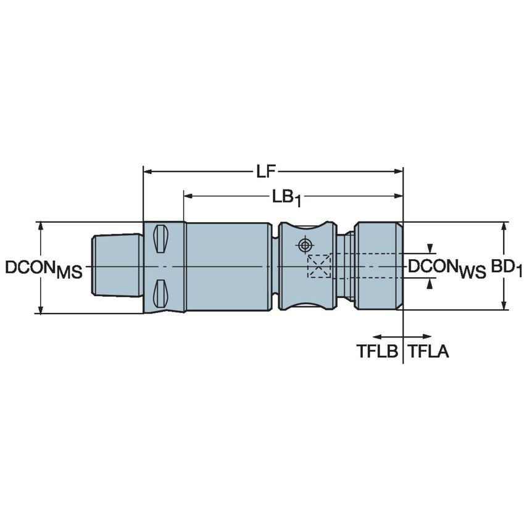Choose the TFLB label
click(378, 352)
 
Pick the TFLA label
click(428, 352)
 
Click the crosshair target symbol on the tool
click(303, 245)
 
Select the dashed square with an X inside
click(320, 266)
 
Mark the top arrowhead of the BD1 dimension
click(505, 226)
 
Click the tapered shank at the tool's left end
click(115, 266)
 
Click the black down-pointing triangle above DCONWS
click(431, 249)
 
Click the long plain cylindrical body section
click(227, 266)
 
